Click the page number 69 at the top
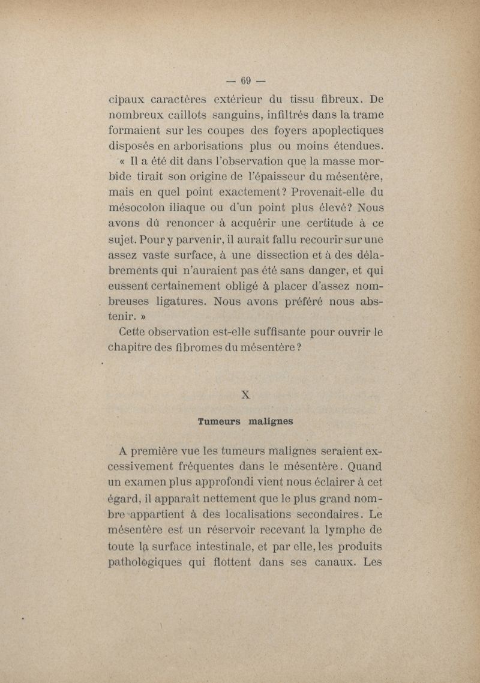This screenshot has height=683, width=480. point(245,80)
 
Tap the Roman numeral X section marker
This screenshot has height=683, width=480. point(245,394)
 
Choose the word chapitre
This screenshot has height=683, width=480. point(129,348)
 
